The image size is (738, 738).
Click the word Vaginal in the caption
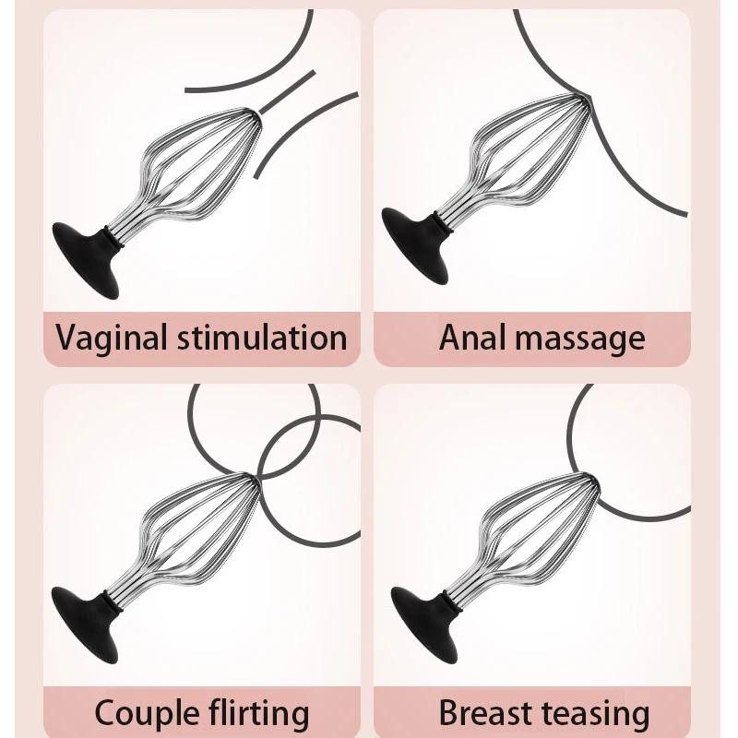(112, 338)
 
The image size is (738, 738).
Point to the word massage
(582, 339)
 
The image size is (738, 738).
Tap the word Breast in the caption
(494, 713)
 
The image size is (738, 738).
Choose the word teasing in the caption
(601, 713)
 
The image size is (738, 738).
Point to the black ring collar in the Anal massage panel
(451, 222)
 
